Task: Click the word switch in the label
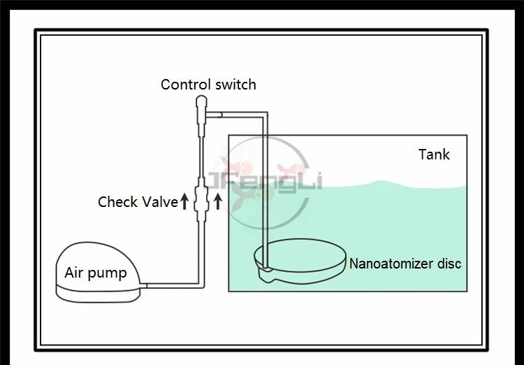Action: pos(233,85)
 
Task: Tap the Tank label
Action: pos(434,154)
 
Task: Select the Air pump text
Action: pos(96,272)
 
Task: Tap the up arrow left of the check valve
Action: pos(185,202)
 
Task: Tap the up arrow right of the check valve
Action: pos(217,202)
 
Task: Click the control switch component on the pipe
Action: pos(201,108)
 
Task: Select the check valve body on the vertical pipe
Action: pos(201,199)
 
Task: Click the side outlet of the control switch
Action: pos(215,112)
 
